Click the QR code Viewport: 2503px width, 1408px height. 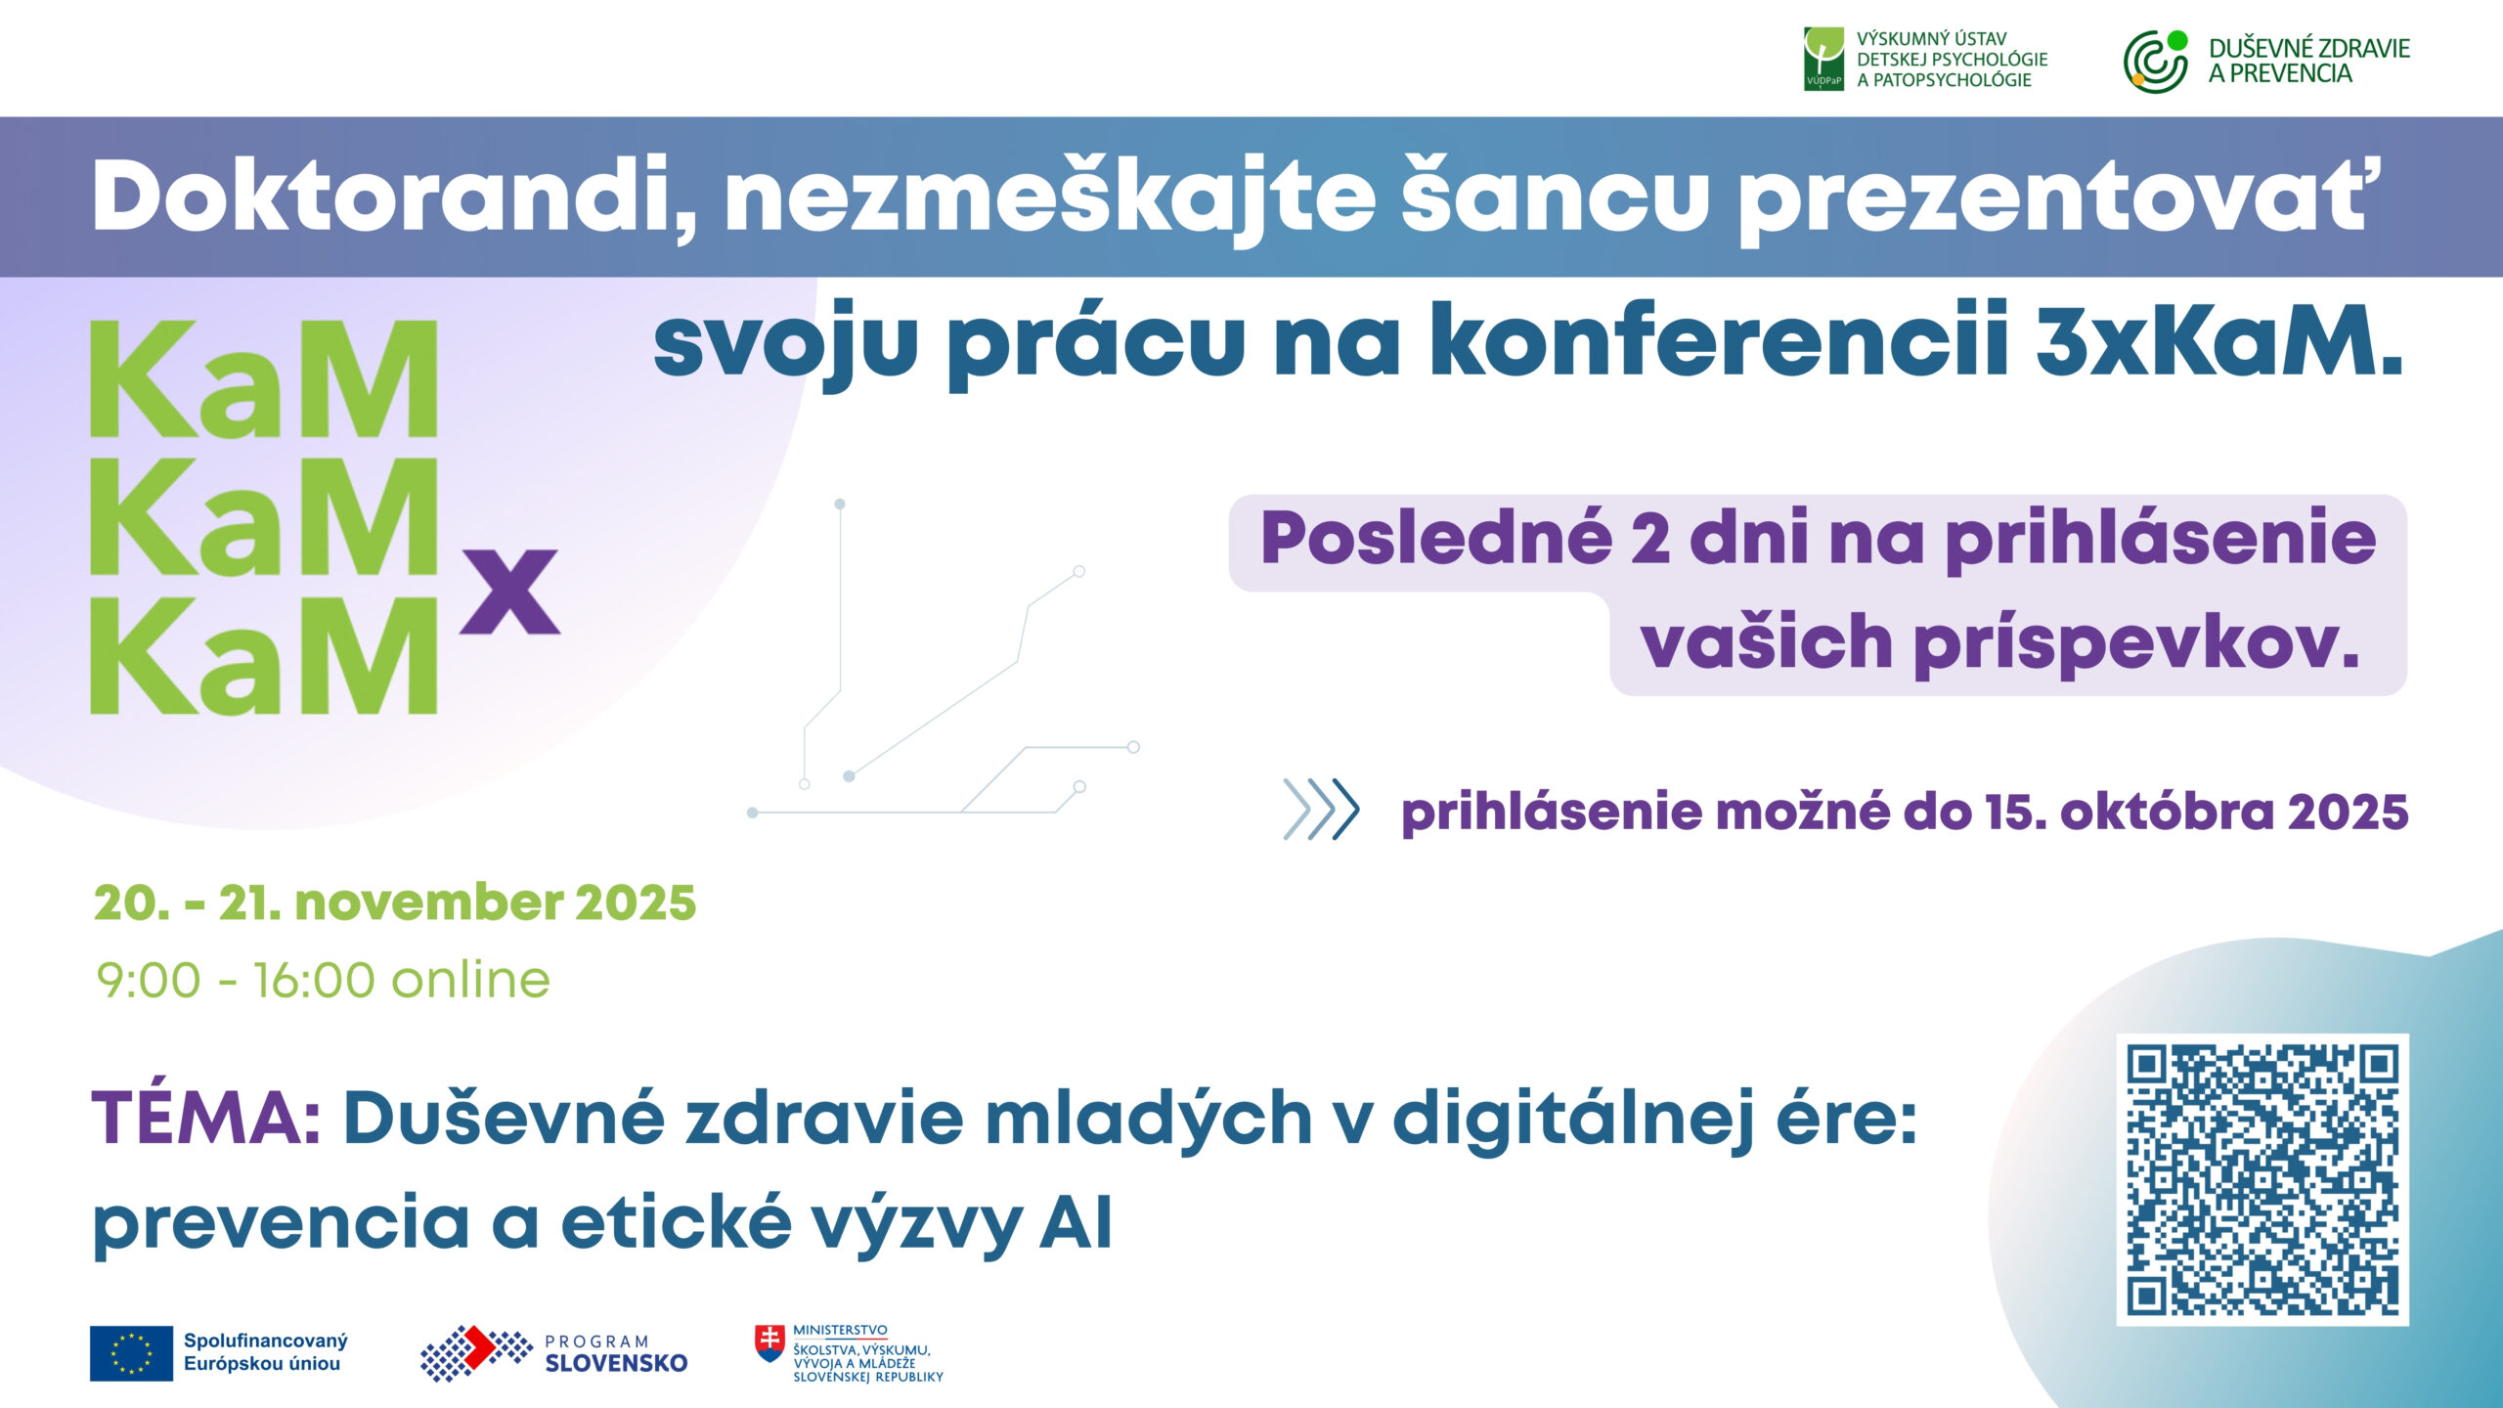[x=2261, y=1179]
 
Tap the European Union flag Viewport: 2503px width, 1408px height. [x=131, y=1353]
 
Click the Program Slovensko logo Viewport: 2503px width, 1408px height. [x=553, y=1353]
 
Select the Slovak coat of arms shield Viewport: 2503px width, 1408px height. [x=770, y=1343]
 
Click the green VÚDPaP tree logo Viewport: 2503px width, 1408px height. [x=1823, y=59]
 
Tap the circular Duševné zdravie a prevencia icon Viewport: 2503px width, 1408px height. [x=2155, y=62]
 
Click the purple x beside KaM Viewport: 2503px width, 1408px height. [x=509, y=591]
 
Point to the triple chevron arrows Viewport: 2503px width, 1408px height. [x=1321, y=810]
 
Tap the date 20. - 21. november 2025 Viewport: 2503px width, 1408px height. [x=395, y=902]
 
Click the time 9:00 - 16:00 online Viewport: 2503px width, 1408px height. [x=324, y=980]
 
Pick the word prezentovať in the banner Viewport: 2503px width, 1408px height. [x=2053, y=198]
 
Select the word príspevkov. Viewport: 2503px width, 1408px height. [x=2137, y=643]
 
